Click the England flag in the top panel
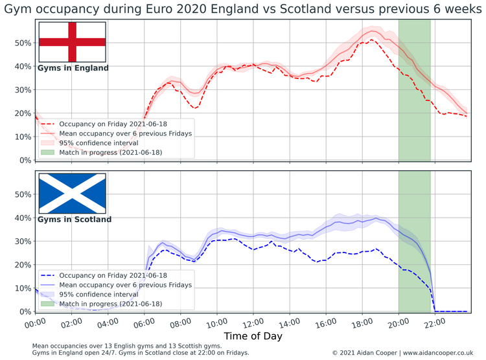72,42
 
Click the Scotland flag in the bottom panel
72,194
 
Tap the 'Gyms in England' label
73,68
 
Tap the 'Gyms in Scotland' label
74,219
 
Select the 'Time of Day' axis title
253,337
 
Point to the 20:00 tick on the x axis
398,321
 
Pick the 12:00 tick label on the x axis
253,321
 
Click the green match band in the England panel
414,91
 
